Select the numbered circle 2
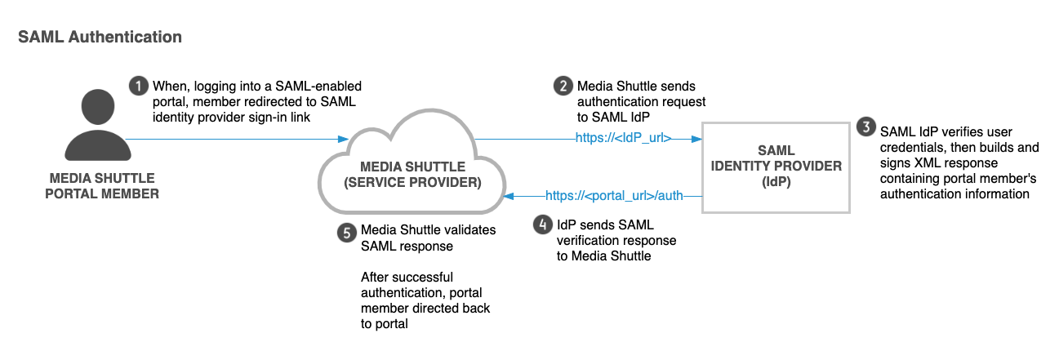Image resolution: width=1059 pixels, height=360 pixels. tap(563, 85)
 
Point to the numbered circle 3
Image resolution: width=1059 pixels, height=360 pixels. tap(864, 127)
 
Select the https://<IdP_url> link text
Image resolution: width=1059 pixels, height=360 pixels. tap(624, 138)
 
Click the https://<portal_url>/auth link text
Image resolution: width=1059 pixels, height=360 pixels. tap(613, 195)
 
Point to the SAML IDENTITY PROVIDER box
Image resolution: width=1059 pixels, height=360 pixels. tap(776, 167)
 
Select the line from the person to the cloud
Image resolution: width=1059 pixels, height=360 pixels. tap(237, 138)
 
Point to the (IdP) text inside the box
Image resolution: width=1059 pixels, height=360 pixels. tap(776, 182)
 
